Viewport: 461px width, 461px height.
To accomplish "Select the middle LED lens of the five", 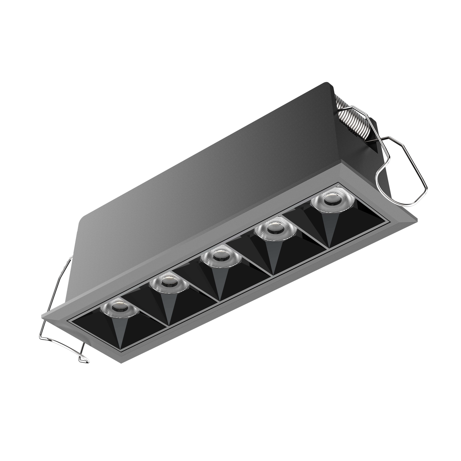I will (x=218, y=254).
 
